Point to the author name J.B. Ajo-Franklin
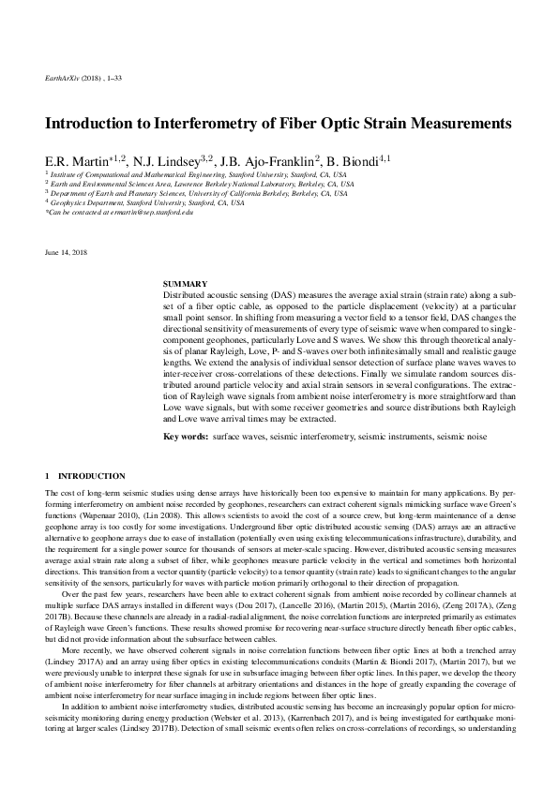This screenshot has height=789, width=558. pos(269,161)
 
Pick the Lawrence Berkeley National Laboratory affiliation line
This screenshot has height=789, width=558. pos(202,184)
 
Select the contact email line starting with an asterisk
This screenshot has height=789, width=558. pos(119,212)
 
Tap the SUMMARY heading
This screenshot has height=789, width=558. pos(178,283)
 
